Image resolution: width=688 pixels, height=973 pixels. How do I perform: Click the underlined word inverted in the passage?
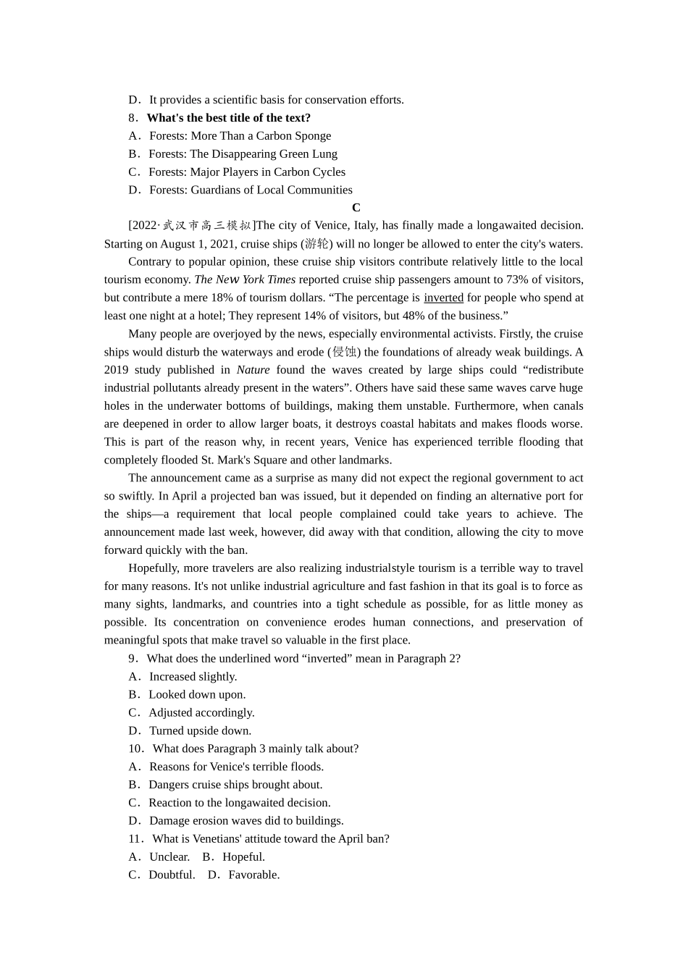443,298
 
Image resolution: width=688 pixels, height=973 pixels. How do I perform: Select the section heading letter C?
356,208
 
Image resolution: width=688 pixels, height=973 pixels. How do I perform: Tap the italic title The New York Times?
245,279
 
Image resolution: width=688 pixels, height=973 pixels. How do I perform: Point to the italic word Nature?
253,370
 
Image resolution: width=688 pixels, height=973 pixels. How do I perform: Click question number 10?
136,749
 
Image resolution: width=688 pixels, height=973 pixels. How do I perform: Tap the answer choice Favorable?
253,875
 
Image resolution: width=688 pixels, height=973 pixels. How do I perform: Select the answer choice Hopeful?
243,856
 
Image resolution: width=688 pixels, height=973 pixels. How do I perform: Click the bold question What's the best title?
228,117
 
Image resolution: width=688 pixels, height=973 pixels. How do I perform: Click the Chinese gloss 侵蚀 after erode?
344,352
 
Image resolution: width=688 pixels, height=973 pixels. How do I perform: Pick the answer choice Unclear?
169,856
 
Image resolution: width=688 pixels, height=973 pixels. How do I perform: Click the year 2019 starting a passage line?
116,370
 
